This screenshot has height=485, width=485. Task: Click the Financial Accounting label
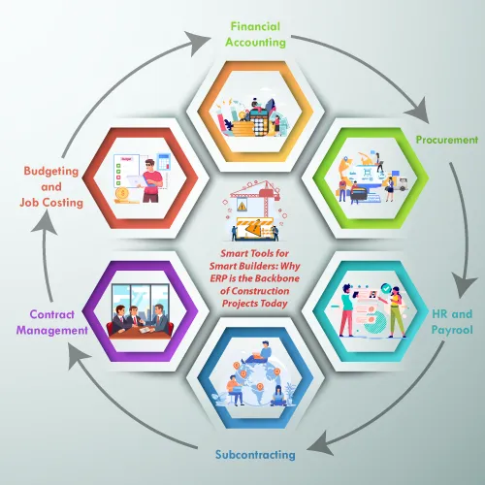click(255, 34)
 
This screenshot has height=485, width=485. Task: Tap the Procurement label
click(447, 140)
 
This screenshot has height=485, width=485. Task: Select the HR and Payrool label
click(452, 322)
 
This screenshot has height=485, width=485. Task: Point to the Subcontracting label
click(255, 455)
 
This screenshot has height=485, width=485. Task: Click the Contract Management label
click(52, 322)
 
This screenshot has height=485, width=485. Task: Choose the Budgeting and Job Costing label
click(51, 186)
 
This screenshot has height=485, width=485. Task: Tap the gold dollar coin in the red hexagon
click(122, 194)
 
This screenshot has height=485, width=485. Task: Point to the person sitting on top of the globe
click(259, 352)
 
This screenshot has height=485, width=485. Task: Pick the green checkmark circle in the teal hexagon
click(386, 288)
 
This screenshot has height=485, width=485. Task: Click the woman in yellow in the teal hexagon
click(396, 312)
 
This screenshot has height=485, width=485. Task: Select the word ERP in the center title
click(218, 278)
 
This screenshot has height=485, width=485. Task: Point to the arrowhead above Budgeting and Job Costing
click(46, 222)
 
